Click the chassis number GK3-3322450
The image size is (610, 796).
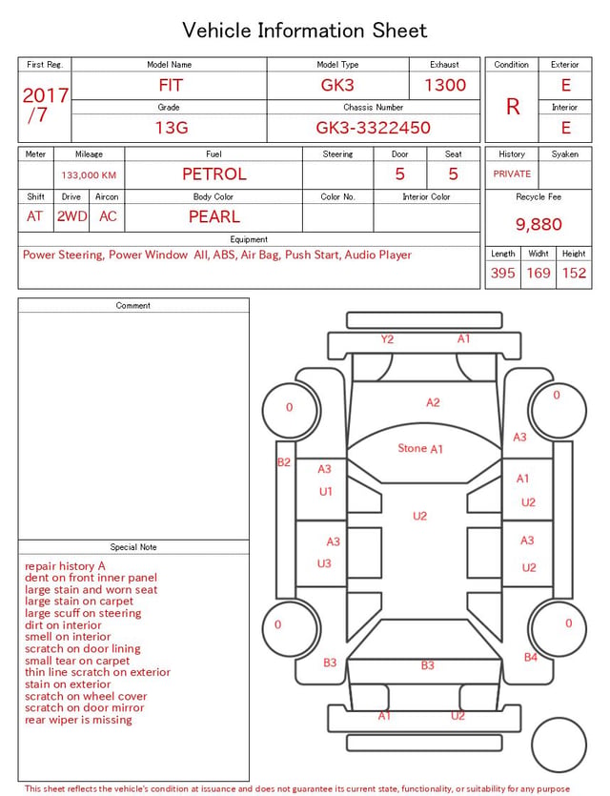(x=373, y=128)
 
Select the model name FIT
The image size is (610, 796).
(x=171, y=85)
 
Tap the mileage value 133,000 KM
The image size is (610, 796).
(x=89, y=175)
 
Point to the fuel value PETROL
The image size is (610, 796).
(x=214, y=174)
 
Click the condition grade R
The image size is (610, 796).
(x=513, y=107)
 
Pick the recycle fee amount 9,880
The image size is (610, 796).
(x=539, y=224)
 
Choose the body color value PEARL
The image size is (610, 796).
(x=214, y=216)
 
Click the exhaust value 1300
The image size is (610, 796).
(x=445, y=85)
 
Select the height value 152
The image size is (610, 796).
(x=574, y=273)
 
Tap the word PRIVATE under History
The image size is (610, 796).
(x=512, y=173)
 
